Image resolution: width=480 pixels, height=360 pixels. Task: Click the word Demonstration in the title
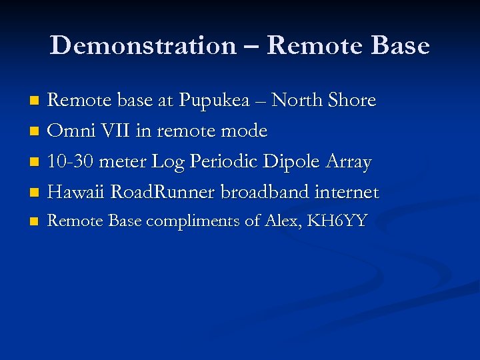coord(142,45)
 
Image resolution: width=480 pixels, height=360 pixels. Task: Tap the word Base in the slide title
coord(401,45)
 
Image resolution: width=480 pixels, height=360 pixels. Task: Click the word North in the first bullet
coord(296,101)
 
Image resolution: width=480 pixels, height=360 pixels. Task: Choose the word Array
coord(348,162)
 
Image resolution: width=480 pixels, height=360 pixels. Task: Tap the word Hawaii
coord(77,193)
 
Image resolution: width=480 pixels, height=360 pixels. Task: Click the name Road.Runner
coord(163,193)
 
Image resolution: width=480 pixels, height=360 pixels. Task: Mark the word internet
coord(347,193)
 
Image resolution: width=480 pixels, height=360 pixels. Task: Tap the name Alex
coord(281,221)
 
